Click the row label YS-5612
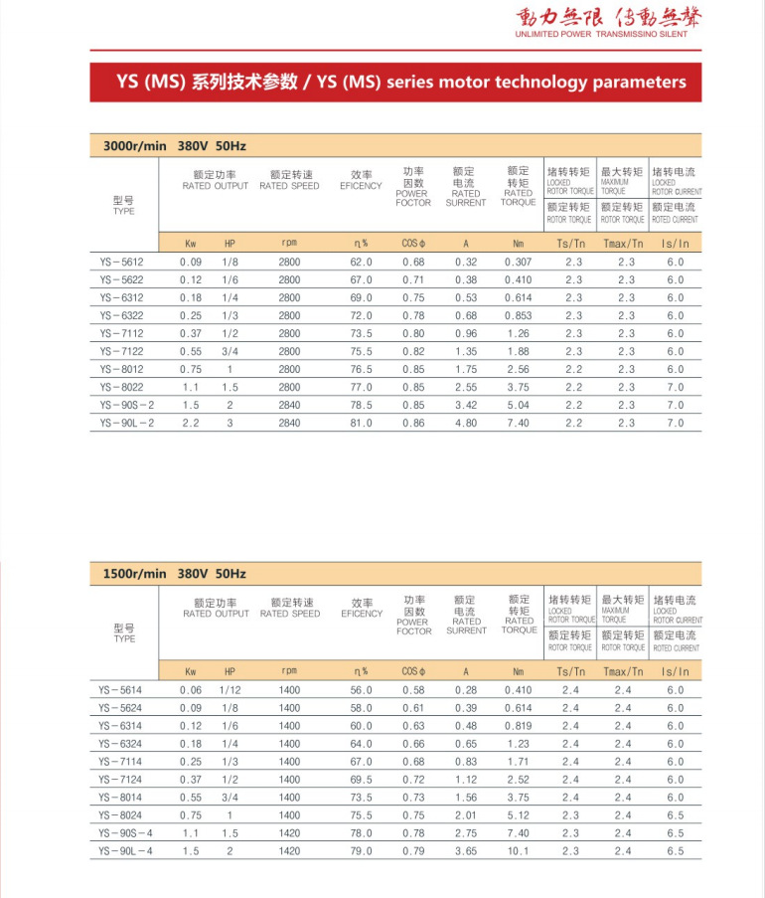[x=120, y=262]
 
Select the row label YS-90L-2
[x=126, y=423]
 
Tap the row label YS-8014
[x=120, y=798]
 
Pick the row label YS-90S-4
[x=126, y=833]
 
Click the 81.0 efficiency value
[x=361, y=423]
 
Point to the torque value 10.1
[x=519, y=851]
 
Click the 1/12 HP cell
[x=229, y=690]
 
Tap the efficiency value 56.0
[x=361, y=690]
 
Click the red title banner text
[x=395, y=83]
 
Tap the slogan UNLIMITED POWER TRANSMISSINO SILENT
[x=601, y=34]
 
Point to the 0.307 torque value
[x=518, y=262]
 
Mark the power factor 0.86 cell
[x=413, y=423]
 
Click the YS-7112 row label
[x=120, y=333]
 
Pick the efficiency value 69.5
[x=361, y=780]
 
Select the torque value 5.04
[x=518, y=405]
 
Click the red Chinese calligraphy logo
[x=602, y=17]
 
